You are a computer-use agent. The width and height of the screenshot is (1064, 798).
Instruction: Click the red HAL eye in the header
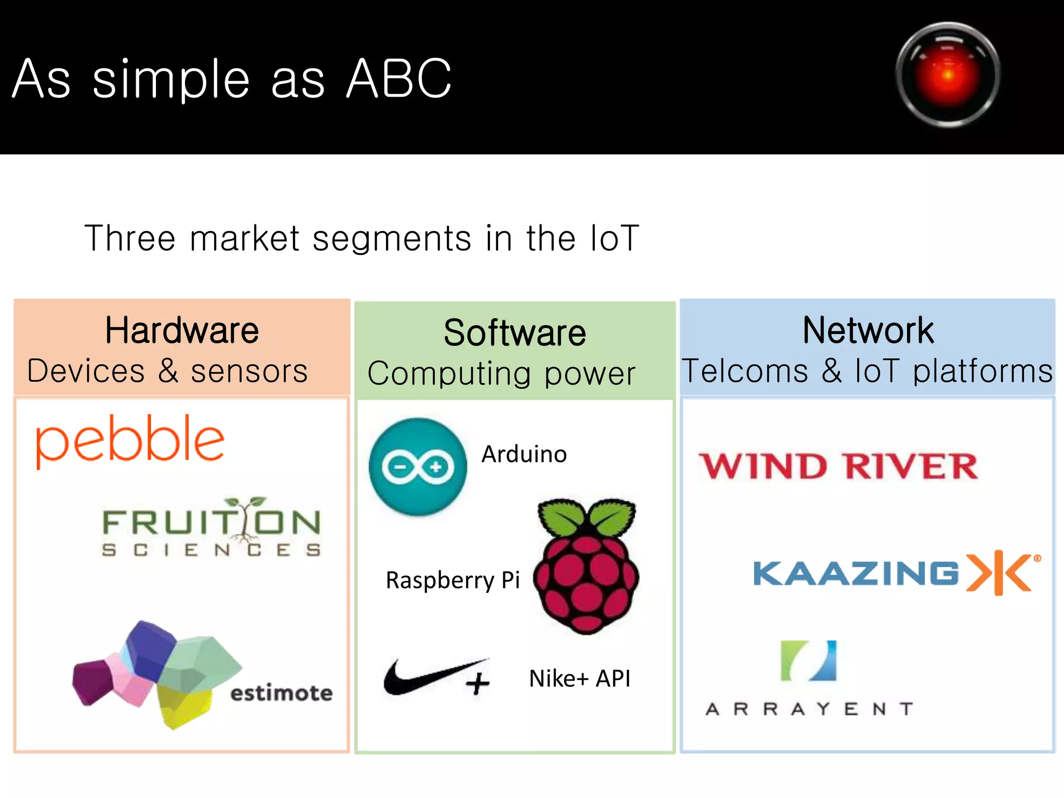948,74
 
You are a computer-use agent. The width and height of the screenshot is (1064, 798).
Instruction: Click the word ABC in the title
399,79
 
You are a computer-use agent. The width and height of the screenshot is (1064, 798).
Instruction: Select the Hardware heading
182,330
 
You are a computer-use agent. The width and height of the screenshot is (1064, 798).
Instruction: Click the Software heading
514,333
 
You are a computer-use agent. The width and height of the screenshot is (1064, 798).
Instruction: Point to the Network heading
868,330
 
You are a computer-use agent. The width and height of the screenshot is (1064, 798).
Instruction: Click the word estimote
281,693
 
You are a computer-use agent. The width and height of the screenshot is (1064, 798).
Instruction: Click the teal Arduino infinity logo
418,467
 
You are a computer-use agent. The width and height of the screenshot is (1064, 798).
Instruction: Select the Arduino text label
524,454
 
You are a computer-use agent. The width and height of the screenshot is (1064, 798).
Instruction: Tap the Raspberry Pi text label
453,580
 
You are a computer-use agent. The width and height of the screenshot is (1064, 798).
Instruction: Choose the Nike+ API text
579,679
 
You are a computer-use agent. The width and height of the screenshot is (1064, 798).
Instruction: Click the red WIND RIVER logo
839,466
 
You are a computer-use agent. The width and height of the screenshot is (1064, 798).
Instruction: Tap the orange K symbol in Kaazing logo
999,573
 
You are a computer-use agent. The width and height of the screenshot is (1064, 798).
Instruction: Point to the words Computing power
501,374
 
